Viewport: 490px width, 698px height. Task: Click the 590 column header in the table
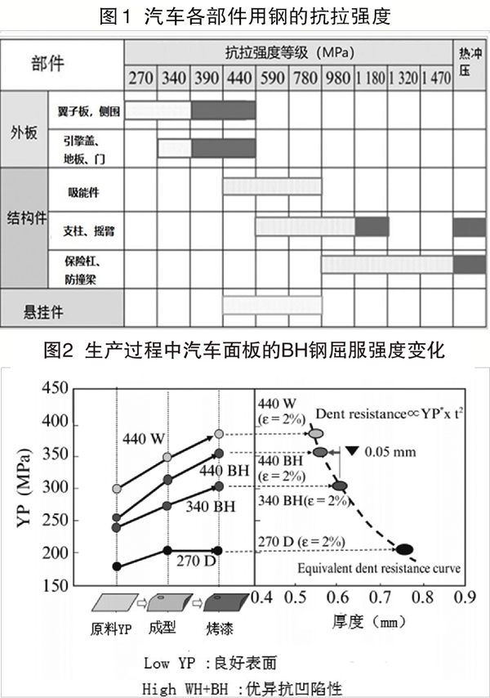point(271,80)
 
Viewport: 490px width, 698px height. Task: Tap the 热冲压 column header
point(470,62)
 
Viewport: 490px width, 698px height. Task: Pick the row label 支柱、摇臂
point(91,230)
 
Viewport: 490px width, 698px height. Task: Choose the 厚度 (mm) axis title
point(370,621)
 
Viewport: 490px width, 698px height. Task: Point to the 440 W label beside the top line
point(145,437)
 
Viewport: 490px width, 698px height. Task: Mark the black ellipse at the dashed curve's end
point(403,549)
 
